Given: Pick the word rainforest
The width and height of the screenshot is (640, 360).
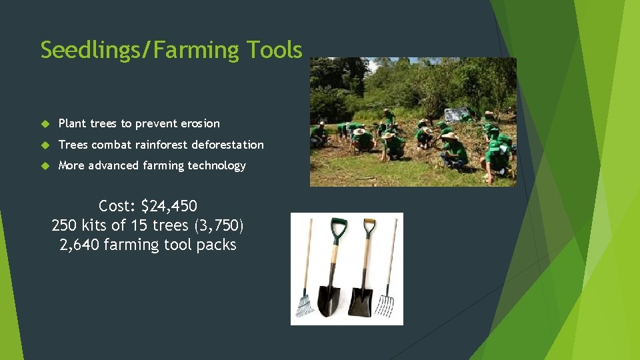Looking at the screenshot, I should tap(160, 145).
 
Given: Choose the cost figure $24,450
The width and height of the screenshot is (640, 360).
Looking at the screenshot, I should tap(169, 205).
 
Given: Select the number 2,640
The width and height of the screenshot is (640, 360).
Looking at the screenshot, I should tap(79, 245).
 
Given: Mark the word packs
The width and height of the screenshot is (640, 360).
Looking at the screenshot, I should tap(216, 245).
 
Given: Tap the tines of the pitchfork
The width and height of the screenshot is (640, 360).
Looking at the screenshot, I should tap(385, 305).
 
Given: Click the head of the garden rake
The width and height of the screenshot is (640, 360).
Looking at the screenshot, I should tap(305, 306).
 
